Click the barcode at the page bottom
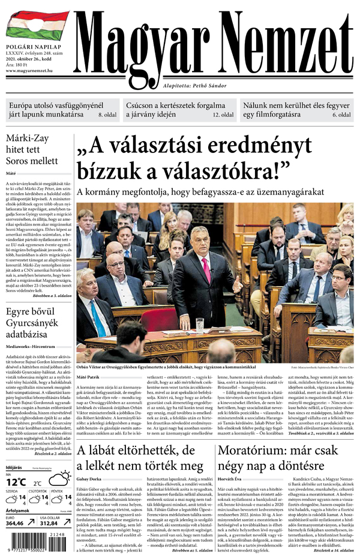click(x=36, y=544)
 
